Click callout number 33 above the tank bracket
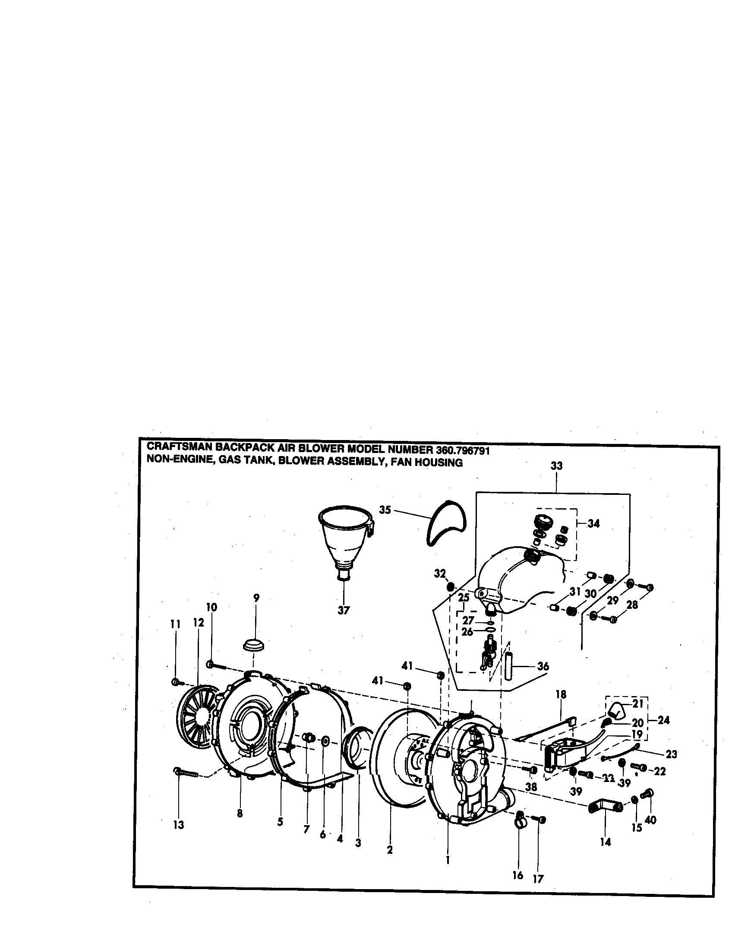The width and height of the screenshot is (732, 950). pyautogui.click(x=556, y=466)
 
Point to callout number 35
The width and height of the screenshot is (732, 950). pyautogui.click(x=385, y=510)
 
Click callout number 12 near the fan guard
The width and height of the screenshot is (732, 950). pyautogui.click(x=198, y=622)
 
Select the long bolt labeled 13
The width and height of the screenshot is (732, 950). pyautogui.click(x=186, y=773)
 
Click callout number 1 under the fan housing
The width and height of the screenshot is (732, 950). pyautogui.click(x=447, y=859)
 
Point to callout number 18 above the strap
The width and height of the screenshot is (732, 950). pyautogui.click(x=561, y=694)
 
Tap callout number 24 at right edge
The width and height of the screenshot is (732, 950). pyautogui.click(x=663, y=720)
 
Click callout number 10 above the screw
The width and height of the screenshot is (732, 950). pyautogui.click(x=211, y=607)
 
